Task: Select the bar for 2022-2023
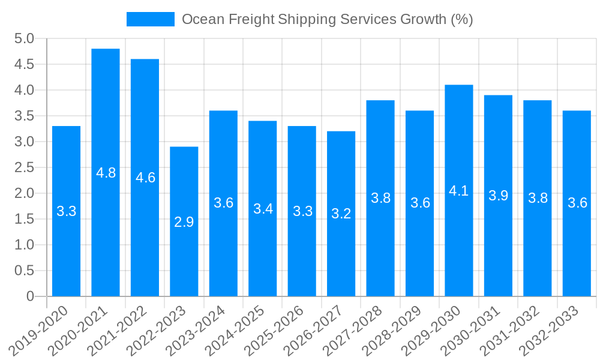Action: tap(184, 221)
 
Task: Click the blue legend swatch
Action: tap(150, 19)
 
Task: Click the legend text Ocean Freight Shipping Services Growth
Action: tap(327, 19)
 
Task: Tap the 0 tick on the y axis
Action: tap(31, 296)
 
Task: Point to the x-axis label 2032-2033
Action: tap(550, 330)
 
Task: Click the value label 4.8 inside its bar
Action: tap(106, 173)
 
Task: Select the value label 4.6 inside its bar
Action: tap(145, 178)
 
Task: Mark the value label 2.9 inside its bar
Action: tap(184, 222)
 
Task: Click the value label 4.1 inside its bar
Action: tap(459, 191)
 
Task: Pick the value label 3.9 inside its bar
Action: tap(499, 196)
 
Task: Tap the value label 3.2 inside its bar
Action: tap(341, 214)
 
